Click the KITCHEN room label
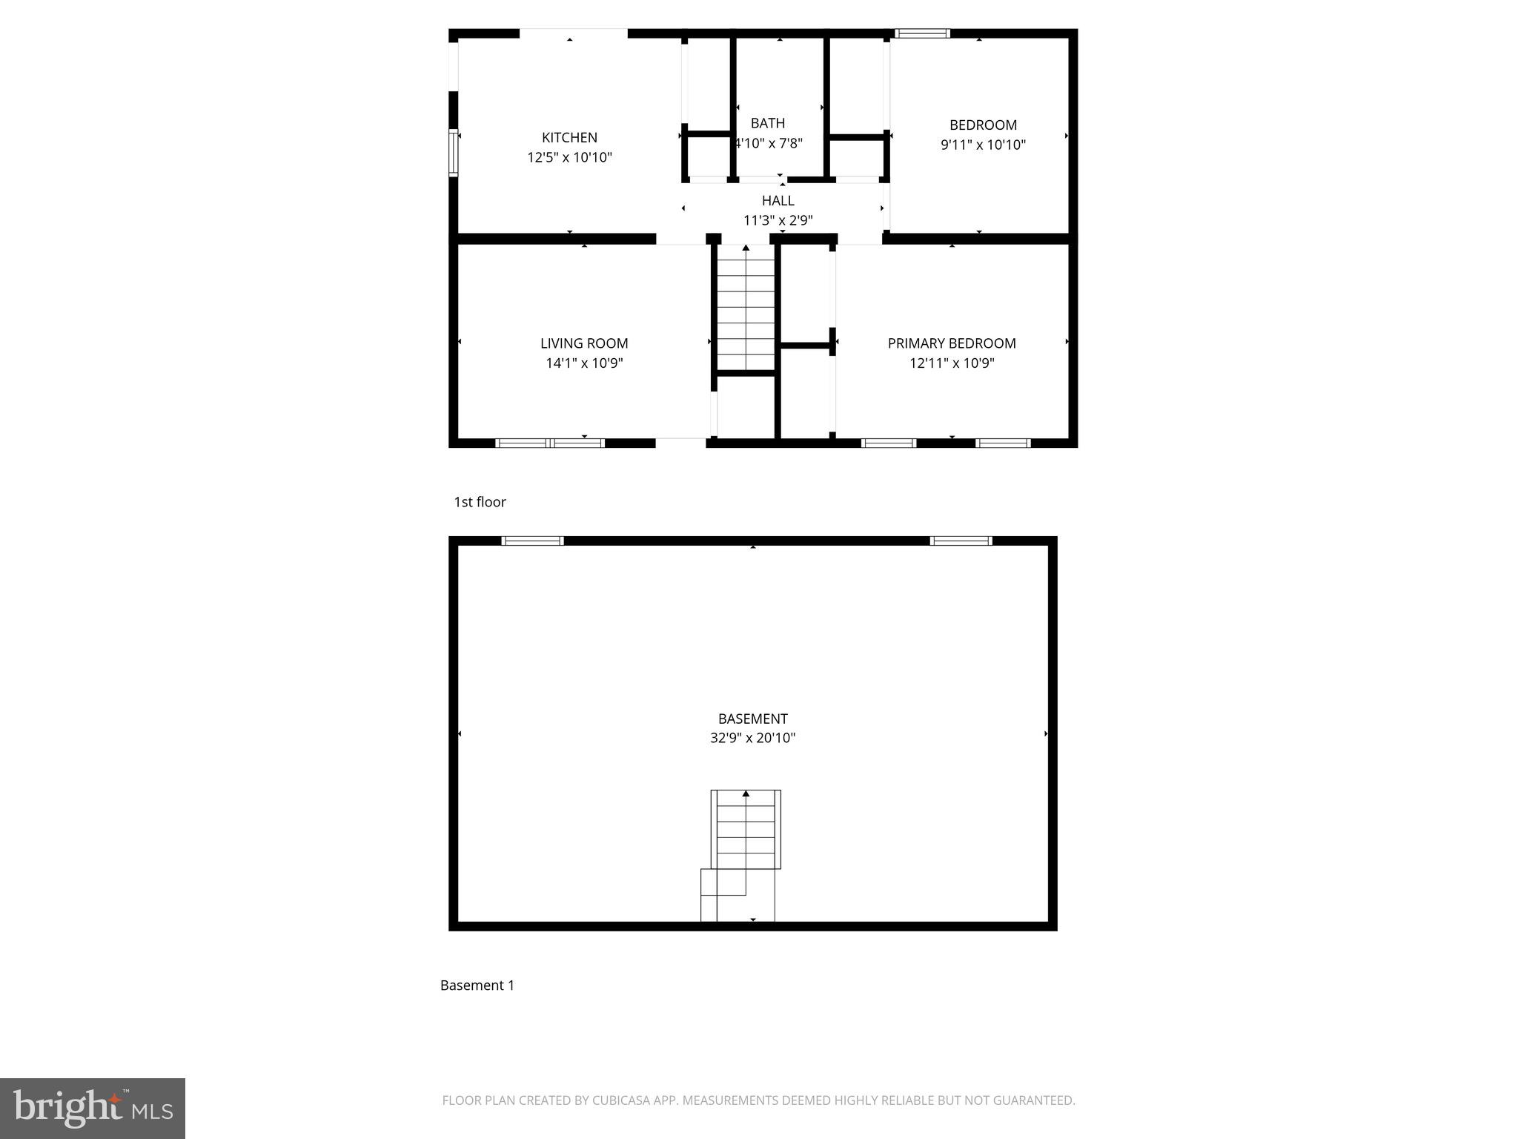pyautogui.click(x=569, y=137)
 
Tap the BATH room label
pyautogui.click(x=767, y=123)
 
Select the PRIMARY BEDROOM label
pyautogui.click(x=952, y=343)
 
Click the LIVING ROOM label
pyautogui.click(x=584, y=343)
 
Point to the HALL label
pyautogui.click(x=778, y=200)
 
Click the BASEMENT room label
pyautogui.click(x=752, y=719)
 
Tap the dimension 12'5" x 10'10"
pyautogui.click(x=569, y=157)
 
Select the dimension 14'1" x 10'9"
pyautogui.click(x=584, y=363)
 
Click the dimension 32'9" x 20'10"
pyautogui.click(x=752, y=738)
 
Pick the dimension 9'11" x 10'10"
pyautogui.click(x=983, y=145)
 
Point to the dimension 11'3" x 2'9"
pyautogui.click(x=778, y=220)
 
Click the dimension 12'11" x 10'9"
pyautogui.click(x=952, y=363)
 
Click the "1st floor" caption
pyautogui.click(x=480, y=502)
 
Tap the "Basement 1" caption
pyautogui.click(x=477, y=986)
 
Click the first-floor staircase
pyautogui.click(x=745, y=308)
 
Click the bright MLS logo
pyautogui.click(x=93, y=1109)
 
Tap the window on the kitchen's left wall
pyautogui.click(x=454, y=153)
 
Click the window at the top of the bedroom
pyautogui.click(x=922, y=33)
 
